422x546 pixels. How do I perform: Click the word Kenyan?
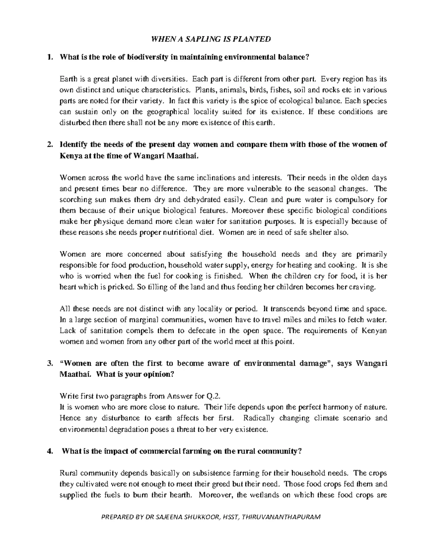[x=374, y=331]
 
